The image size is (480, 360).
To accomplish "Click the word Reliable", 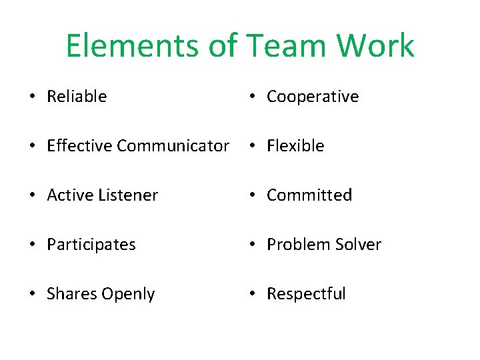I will coord(77,97).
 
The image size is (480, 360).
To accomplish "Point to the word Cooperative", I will coord(313,97).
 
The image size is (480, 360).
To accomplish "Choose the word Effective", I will coord(79,146).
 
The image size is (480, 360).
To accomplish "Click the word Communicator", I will coord(173,146).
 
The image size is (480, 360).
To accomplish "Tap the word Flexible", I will coord(295,146).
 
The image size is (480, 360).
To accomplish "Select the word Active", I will coord(68,195).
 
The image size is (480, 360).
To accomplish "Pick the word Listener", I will coord(126,195).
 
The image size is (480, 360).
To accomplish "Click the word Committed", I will coord(309,195).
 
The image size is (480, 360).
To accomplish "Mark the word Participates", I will coord(91,245).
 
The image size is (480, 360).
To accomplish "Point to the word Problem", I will coord(294,245).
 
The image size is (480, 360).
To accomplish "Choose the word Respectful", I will coord(306,294).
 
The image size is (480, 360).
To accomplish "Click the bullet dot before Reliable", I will coord(33,97).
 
